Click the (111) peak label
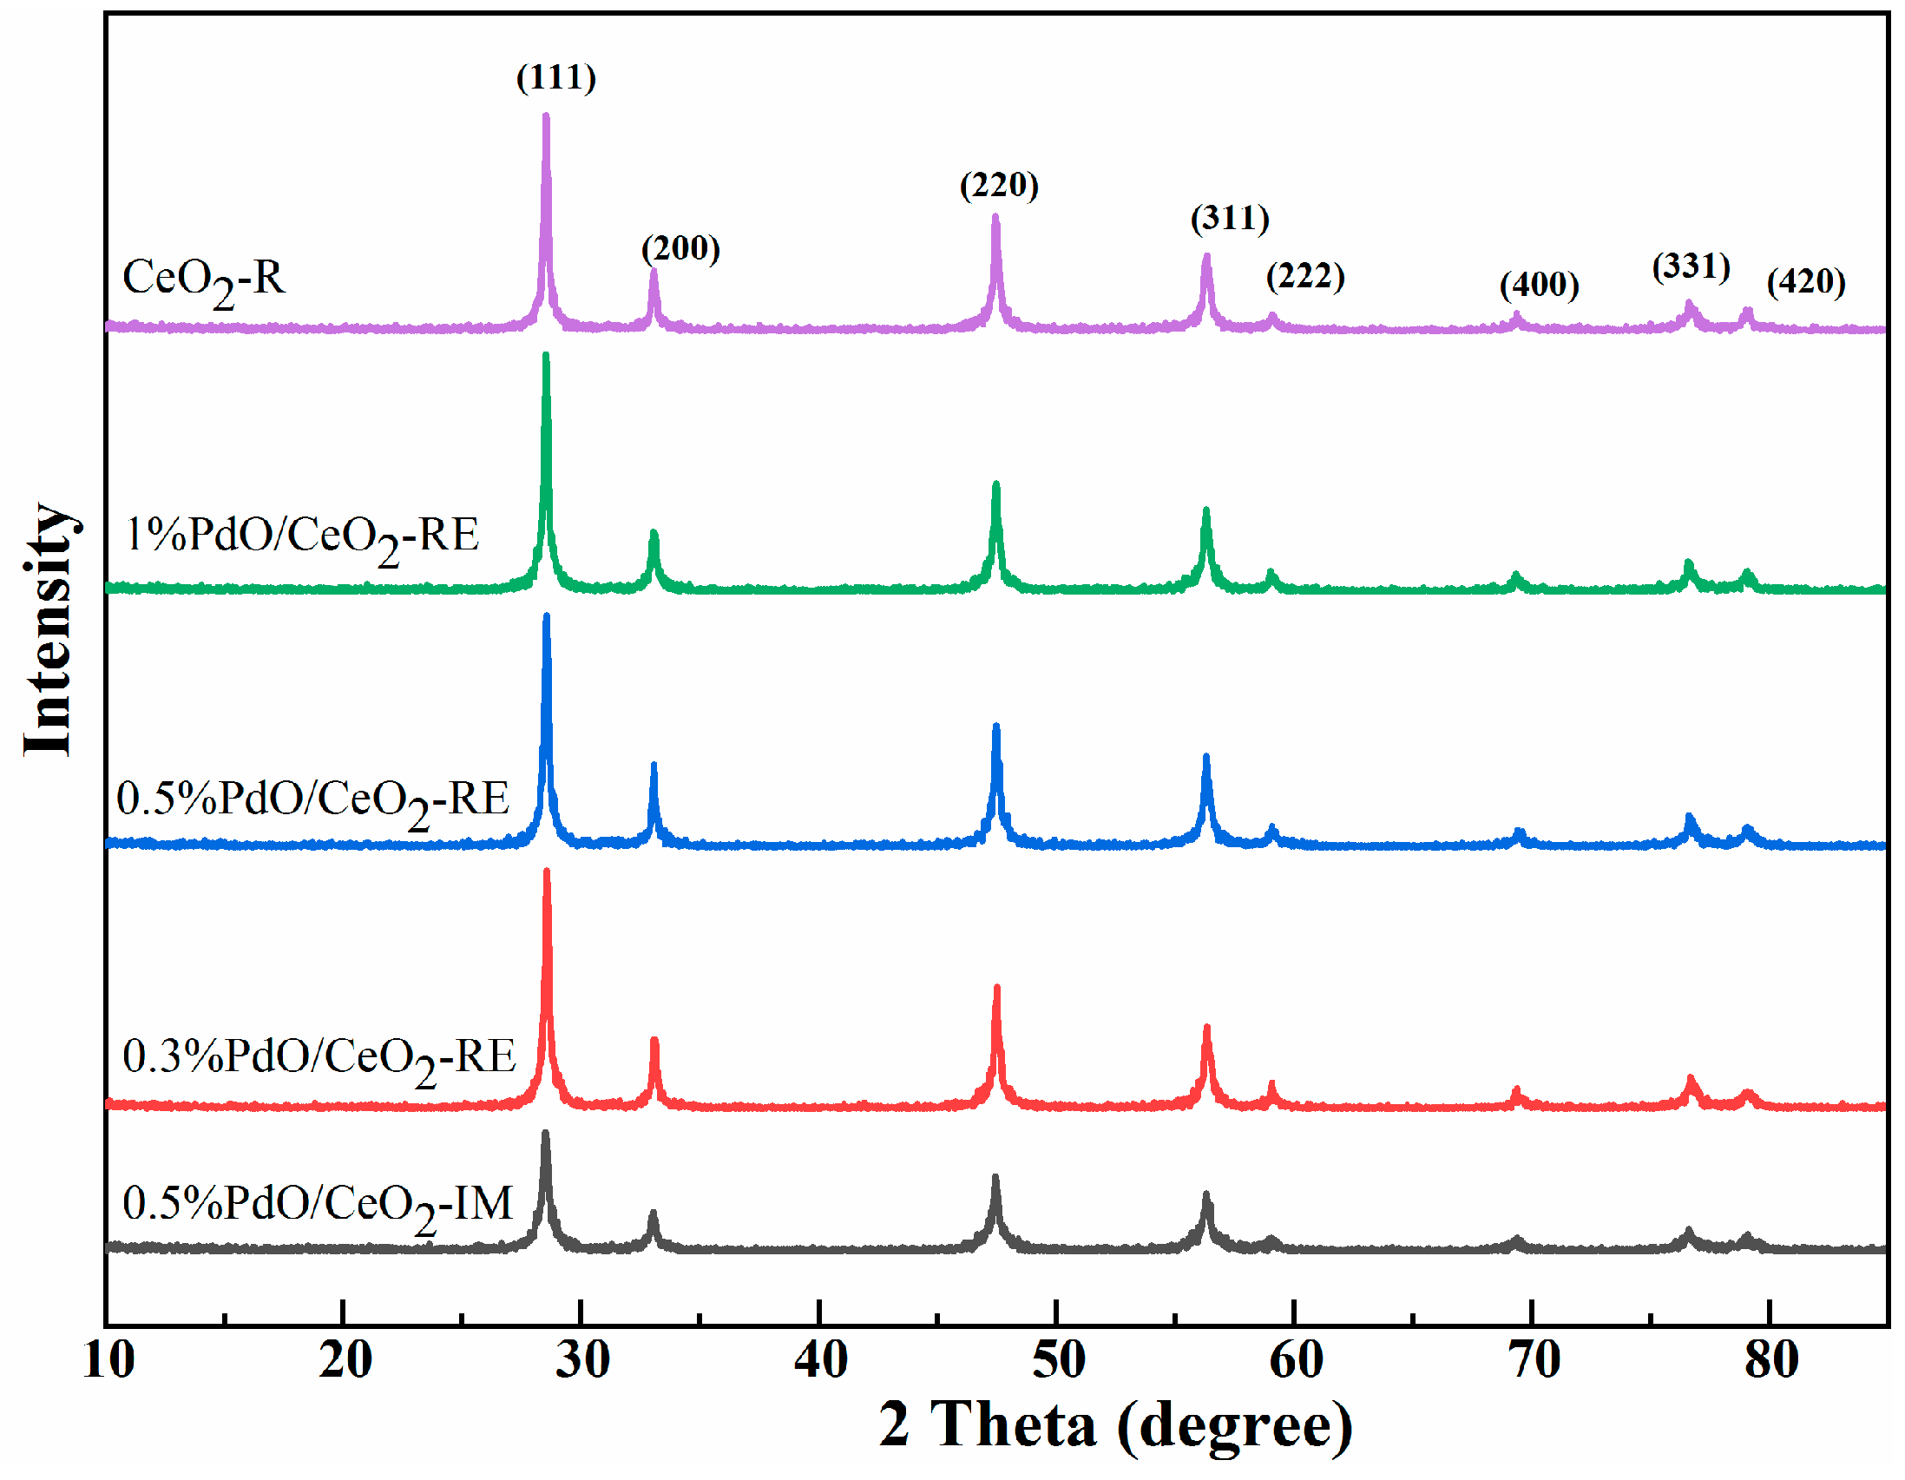(x=555, y=77)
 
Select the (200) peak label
(x=680, y=249)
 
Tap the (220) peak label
(x=999, y=185)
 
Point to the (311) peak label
(x=1230, y=218)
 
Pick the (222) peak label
(x=1305, y=277)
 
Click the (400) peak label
(x=1539, y=285)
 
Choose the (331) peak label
(x=1691, y=266)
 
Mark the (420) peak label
(x=1805, y=282)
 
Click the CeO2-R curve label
(x=203, y=280)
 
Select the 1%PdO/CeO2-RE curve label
(x=302, y=536)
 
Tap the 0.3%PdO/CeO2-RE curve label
(x=319, y=1058)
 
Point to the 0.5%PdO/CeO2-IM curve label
(x=318, y=1205)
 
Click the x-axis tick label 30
(x=581, y=1360)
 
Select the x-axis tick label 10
(x=108, y=1360)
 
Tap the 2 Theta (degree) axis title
(x=1114, y=1426)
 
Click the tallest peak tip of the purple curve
(x=546, y=115)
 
